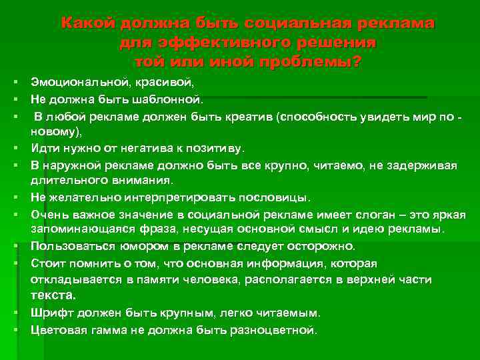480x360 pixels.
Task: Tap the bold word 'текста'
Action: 53,295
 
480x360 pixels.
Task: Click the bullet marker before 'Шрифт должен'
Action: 13,312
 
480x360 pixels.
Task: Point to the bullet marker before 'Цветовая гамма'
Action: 13,329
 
